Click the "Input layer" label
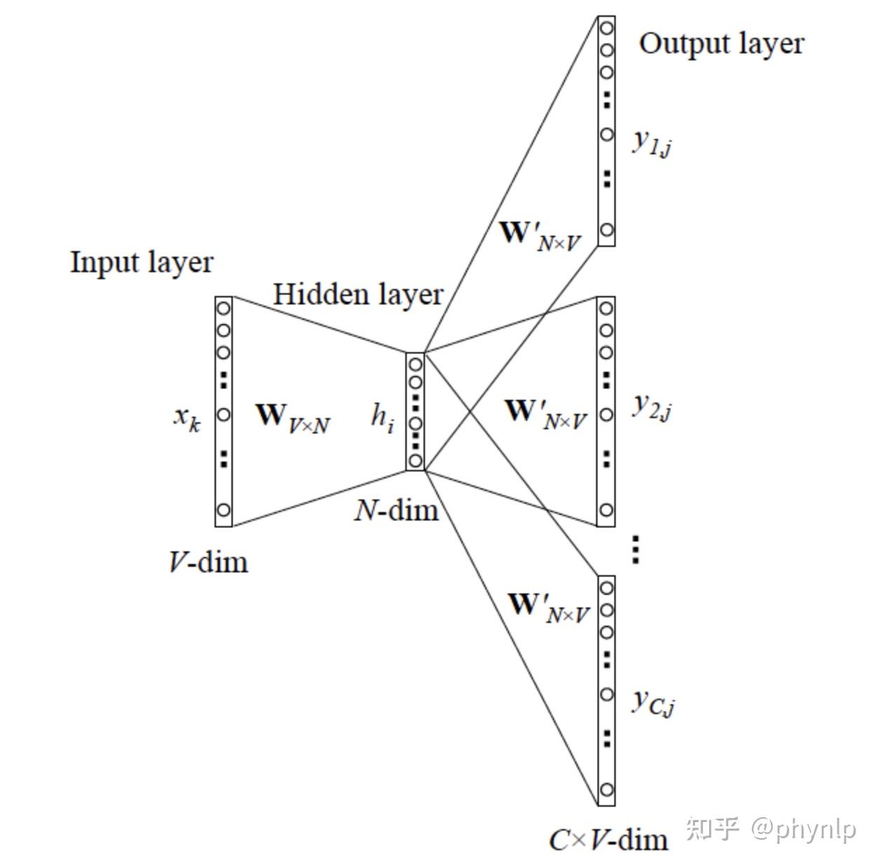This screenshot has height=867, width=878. (142, 263)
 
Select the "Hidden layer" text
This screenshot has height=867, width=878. (358, 295)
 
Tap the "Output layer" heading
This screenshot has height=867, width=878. (721, 44)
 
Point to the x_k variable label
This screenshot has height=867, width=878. (187, 418)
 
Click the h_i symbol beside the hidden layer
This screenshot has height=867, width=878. (382, 418)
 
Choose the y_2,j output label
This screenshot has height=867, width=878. (652, 406)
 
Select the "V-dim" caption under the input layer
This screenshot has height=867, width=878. (208, 562)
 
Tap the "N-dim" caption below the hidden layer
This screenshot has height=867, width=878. (396, 511)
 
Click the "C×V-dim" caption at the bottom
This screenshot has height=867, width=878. (608, 839)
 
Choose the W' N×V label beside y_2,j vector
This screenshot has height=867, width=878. (546, 413)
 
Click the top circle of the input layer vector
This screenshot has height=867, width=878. (223, 308)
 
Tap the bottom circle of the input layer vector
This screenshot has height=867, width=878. (223, 510)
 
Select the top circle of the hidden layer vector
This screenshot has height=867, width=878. (415, 365)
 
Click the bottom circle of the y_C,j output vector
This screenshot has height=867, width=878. (607, 791)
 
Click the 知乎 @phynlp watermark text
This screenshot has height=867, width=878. (771, 829)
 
